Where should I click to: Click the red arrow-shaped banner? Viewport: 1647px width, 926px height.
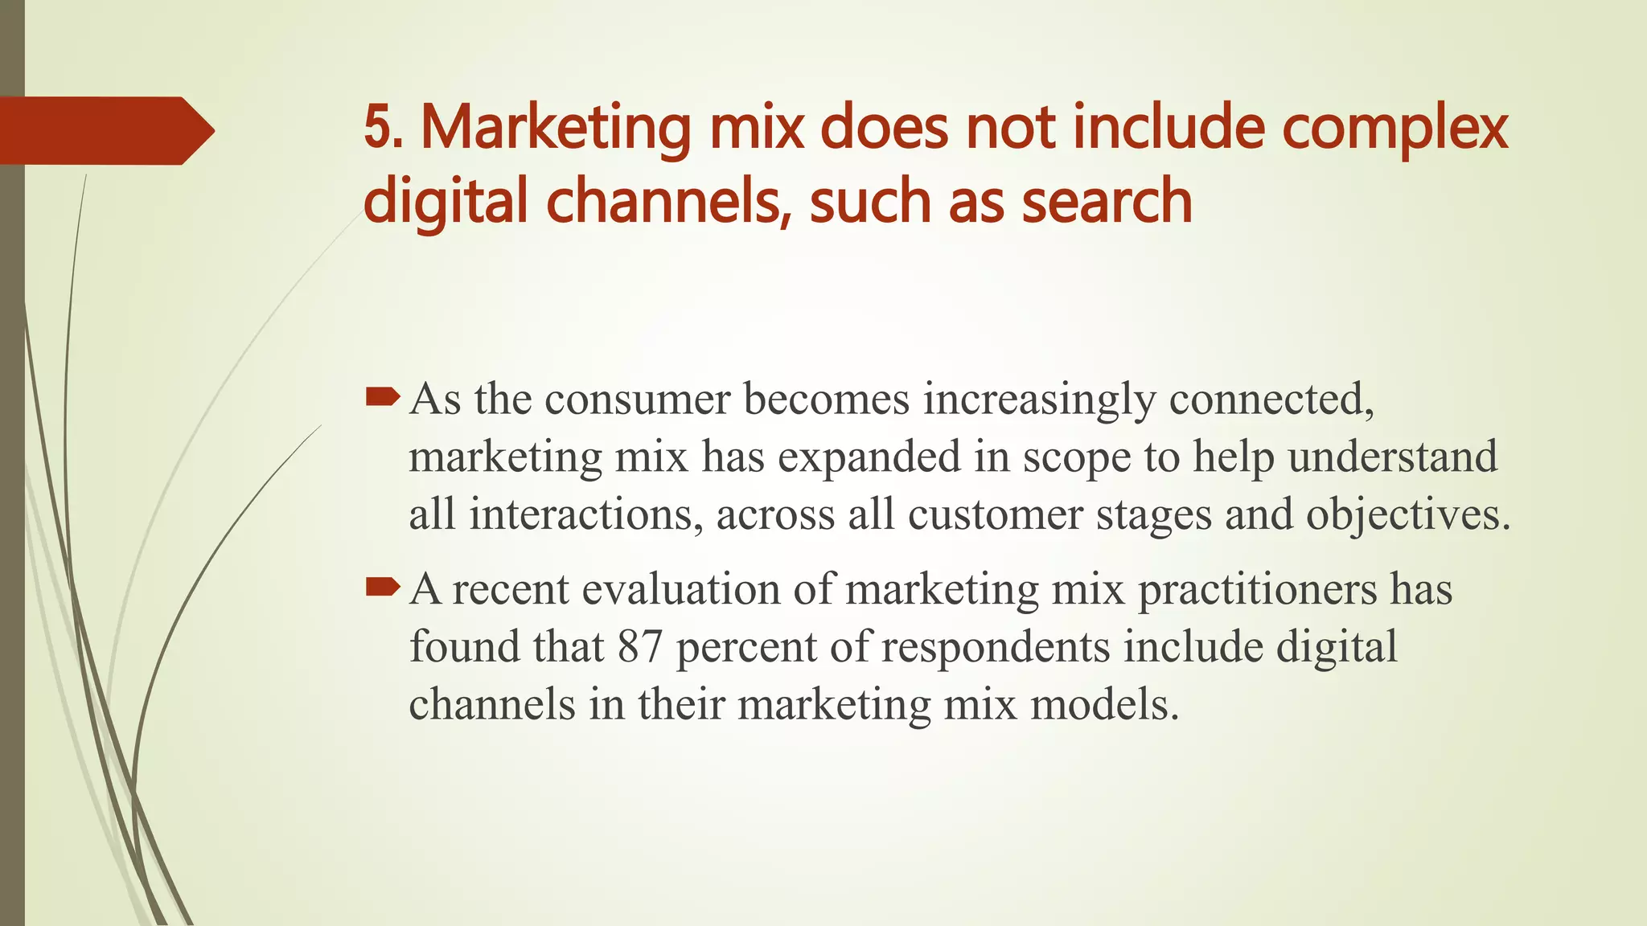pos(105,130)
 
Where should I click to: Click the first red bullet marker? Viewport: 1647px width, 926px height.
pos(382,396)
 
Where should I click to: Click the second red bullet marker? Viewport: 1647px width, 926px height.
pos(382,588)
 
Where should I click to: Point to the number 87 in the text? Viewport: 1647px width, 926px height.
pos(639,647)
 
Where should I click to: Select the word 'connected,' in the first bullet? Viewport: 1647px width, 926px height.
pos(1271,399)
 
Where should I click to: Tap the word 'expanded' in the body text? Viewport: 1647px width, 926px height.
pos(869,457)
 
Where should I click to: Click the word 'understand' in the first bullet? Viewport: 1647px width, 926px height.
pos(1392,457)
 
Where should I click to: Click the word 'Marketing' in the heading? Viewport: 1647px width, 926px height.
pos(556,129)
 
